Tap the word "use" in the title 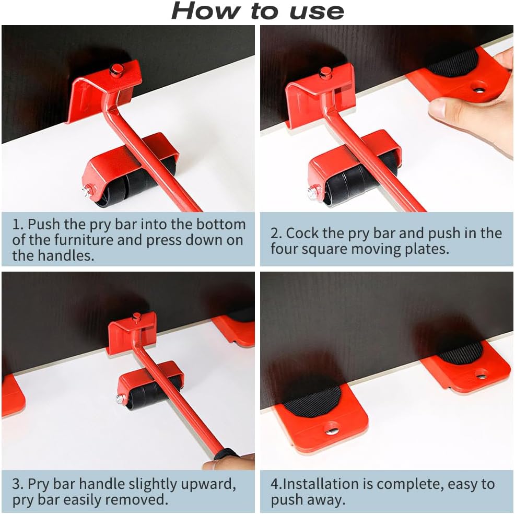coord(317,13)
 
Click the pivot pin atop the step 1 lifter coord(117,70)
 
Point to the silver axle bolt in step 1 coord(87,191)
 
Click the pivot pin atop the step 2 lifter coord(326,73)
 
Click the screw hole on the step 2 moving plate coord(479,88)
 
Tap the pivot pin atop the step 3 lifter coord(137,318)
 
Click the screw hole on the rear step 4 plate coord(482,373)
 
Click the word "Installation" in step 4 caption coord(321,484)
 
